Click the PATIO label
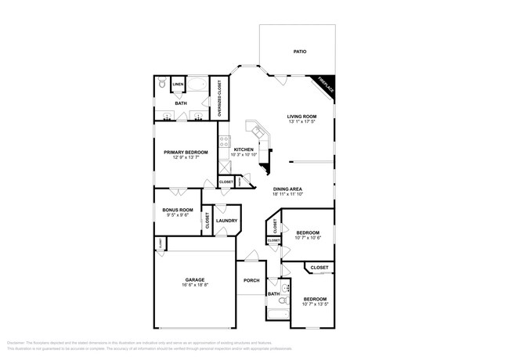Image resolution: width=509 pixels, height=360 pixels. click(x=299, y=52)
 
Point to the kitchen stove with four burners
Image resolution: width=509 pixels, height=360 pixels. click(x=224, y=142)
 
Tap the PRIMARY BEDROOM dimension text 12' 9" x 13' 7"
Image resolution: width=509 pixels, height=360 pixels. click(x=186, y=157)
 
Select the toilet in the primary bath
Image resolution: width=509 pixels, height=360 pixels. click(x=161, y=83)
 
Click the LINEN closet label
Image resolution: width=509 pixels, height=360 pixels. click(x=178, y=84)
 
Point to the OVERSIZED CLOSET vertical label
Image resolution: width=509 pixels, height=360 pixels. click(x=219, y=99)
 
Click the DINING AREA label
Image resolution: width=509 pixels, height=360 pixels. click(x=288, y=189)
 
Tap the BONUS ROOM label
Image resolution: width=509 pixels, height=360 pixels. click(x=178, y=210)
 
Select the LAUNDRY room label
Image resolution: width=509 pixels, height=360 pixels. click(x=226, y=221)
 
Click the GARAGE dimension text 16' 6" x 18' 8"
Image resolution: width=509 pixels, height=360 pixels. click(x=194, y=285)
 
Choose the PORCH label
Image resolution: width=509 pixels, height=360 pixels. click(x=251, y=280)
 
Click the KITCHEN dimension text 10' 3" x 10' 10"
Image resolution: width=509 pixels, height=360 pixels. click(x=244, y=155)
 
